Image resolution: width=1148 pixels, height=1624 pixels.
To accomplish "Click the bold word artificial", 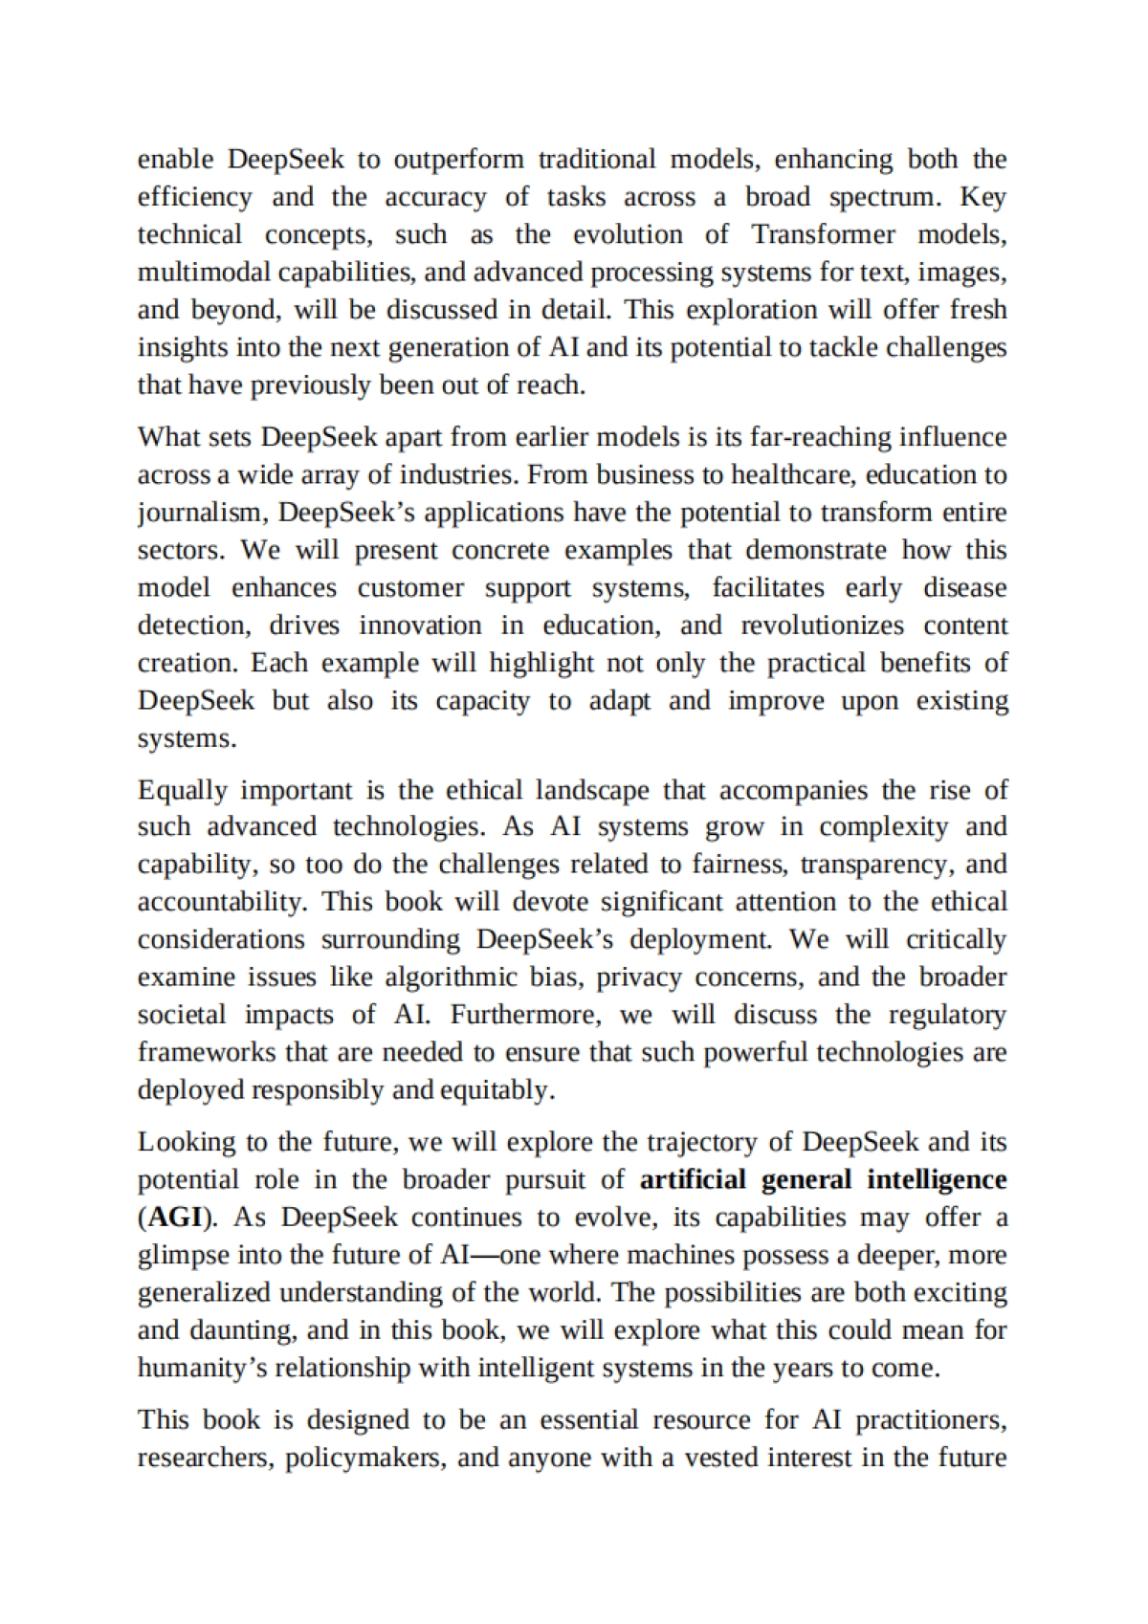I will pos(693,1179).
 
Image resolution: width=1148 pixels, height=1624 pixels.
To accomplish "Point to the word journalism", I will pos(202,513).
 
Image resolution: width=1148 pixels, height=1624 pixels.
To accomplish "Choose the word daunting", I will pos(239,1330).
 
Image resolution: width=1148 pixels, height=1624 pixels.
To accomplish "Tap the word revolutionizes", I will pos(822,625).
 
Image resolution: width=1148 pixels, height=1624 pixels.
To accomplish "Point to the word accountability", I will pos(219,902).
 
